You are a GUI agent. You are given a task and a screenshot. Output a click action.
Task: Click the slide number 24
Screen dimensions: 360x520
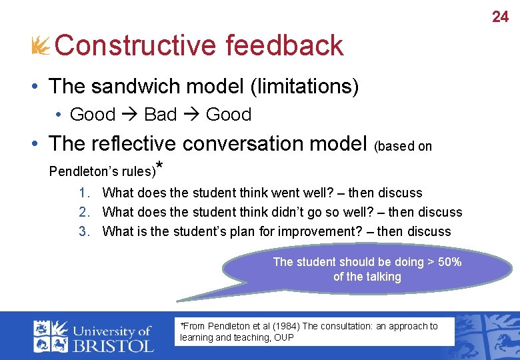(x=500, y=17)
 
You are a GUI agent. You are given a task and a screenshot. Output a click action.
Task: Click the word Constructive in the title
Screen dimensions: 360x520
(x=135, y=46)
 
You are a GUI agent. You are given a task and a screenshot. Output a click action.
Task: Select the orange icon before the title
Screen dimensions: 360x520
(x=40, y=46)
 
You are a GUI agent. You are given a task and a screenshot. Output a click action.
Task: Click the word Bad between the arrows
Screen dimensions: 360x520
(x=160, y=115)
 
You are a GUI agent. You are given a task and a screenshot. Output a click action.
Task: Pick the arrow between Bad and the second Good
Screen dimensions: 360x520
(x=191, y=115)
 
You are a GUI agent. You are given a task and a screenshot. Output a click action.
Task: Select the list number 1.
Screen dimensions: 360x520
(x=83, y=193)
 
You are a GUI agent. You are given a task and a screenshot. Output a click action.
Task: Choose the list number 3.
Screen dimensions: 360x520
(x=83, y=231)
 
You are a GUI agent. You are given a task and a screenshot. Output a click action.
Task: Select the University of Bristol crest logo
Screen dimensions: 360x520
(x=51, y=336)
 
